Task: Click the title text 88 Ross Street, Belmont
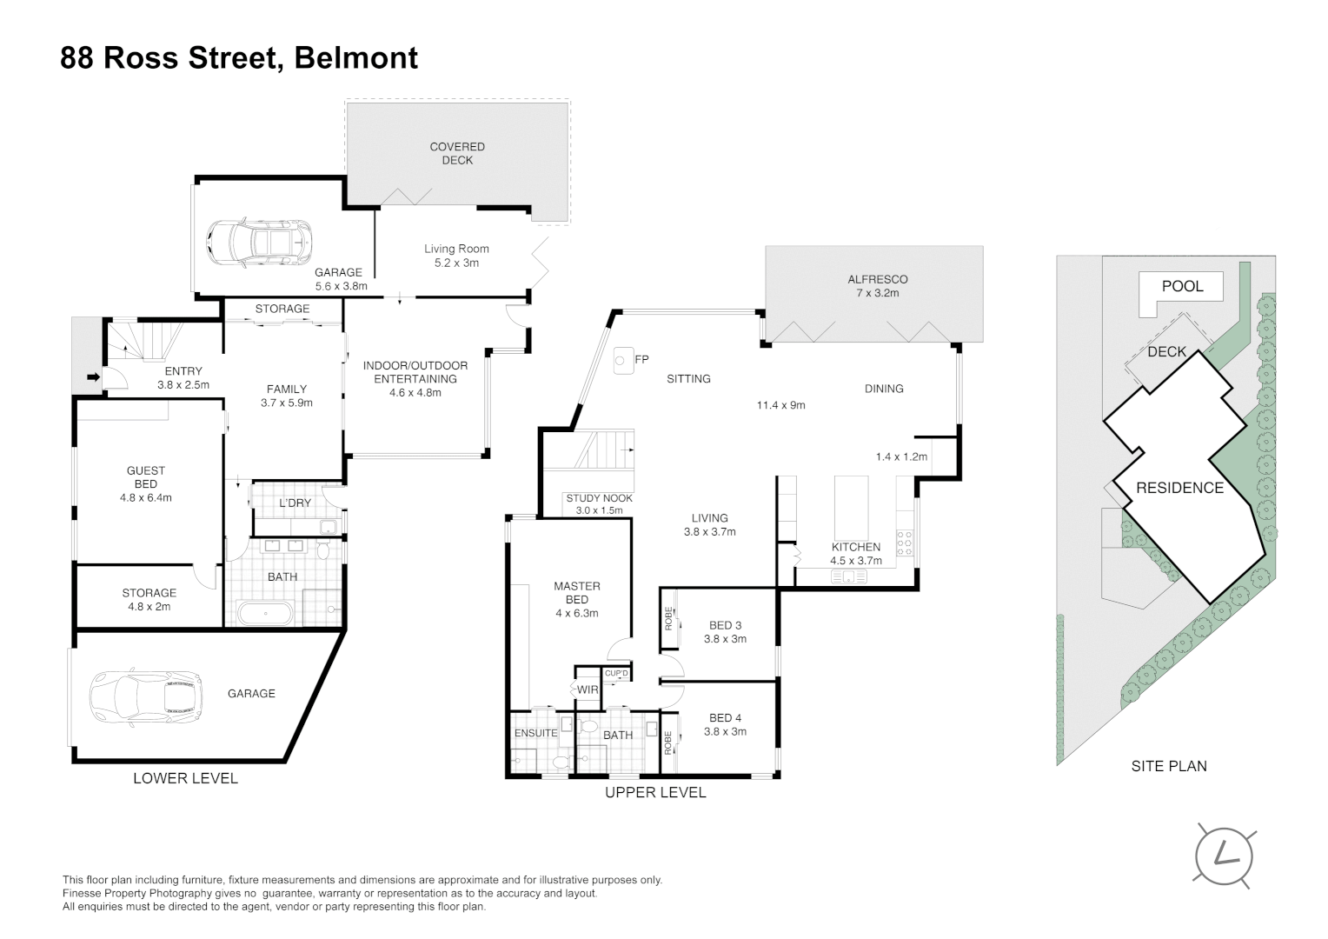tap(239, 58)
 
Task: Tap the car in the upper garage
tap(261, 238)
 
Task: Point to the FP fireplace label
tap(642, 359)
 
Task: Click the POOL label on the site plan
tap(1182, 286)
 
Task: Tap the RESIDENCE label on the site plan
tap(1179, 488)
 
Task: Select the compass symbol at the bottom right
tap(1225, 856)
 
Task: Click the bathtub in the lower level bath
tap(266, 613)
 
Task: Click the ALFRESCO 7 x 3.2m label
tap(877, 286)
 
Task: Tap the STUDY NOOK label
tap(599, 504)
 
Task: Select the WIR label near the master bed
tap(588, 689)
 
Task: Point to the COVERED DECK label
tap(457, 153)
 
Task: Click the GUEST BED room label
tap(146, 484)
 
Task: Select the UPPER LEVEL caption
tap(655, 792)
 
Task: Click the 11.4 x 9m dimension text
tap(780, 405)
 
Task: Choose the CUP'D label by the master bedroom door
tap(616, 674)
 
